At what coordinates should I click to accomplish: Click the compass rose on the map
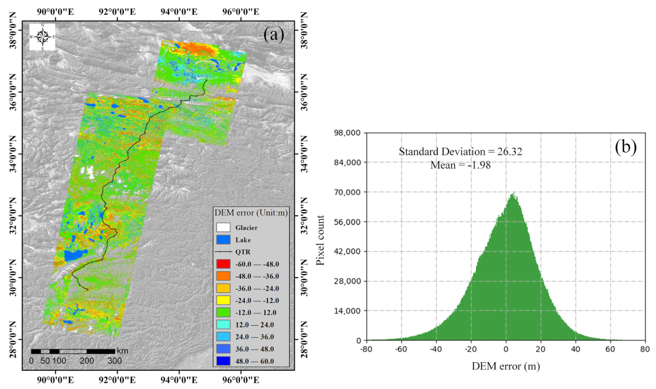pyautogui.click(x=42, y=37)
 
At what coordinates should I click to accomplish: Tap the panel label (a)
pyautogui.click(x=274, y=35)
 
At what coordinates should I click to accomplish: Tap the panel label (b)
pyautogui.click(x=625, y=146)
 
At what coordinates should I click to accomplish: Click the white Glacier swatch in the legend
pyautogui.click(x=223, y=228)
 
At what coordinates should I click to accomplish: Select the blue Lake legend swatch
pyautogui.click(x=223, y=240)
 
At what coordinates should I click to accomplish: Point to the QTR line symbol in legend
pyautogui.click(x=223, y=252)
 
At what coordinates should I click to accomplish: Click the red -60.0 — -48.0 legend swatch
pyautogui.click(x=223, y=264)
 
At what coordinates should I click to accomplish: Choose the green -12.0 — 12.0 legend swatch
pyautogui.click(x=223, y=312)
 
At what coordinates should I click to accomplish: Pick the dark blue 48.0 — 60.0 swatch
pyautogui.click(x=223, y=361)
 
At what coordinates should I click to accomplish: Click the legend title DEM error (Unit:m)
pyautogui.click(x=251, y=213)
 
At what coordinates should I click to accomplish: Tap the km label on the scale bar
pyautogui.click(x=123, y=351)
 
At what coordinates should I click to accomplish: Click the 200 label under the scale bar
pyautogui.click(x=87, y=361)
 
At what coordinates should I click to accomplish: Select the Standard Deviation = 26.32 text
pyautogui.click(x=460, y=152)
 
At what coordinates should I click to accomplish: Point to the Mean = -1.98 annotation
pyautogui.click(x=460, y=165)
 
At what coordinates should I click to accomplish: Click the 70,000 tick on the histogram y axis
pyautogui.click(x=347, y=192)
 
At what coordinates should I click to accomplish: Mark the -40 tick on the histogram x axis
pyautogui.click(x=435, y=349)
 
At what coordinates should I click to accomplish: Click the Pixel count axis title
pyautogui.click(x=321, y=240)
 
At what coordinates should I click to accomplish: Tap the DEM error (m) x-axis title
pyautogui.click(x=506, y=366)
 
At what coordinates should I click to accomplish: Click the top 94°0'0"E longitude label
pyautogui.click(x=179, y=11)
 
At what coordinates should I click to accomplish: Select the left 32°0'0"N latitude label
pyautogui.click(x=13, y=215)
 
